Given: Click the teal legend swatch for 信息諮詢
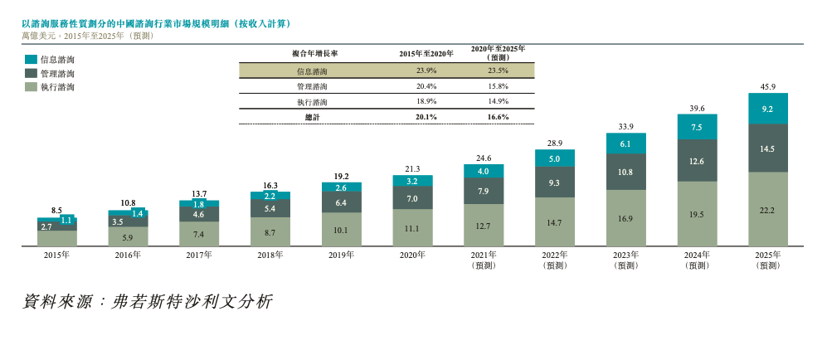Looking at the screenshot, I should pyautogui.click(x=31, y=60).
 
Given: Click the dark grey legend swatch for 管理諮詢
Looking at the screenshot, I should pyautogui.click(x=31, y=73).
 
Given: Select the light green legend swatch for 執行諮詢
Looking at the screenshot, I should pyautogui.click(x=31, y=86).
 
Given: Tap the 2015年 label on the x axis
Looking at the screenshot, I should pyautogui.click(x=57, y=255).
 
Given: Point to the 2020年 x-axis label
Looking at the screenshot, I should pyautogui.click(x=412, y=255).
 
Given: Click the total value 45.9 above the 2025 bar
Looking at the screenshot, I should pyautogui.click(x=767, y=86).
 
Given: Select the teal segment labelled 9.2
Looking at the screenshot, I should pyautogui.click(x=767, y=109).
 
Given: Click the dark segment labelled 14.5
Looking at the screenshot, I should pyautogui.click(x=767, y=148).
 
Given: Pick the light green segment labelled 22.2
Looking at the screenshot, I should pyautogui.click(x=767, y=210).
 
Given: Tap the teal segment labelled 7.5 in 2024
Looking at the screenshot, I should pyautogui.click(x=697, y=127).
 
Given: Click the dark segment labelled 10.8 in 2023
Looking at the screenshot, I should pyautogui.click(x=625, y=172).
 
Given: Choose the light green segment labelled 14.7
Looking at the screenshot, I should pyautogui.click(x=554, y=222).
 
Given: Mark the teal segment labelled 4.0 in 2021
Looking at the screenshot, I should pyautogui.click(x=484, y=172).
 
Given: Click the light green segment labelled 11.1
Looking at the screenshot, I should pyautogui.click(x=412, y=228).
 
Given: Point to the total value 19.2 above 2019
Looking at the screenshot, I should pyautogui.click(x=341, y=176).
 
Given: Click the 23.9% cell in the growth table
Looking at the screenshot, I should pyautogui.click(x=426, y=71).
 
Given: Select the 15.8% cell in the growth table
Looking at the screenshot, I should pyautogui.click(x=498, y=86).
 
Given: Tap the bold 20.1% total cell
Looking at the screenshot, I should pyautogui.click(x=426, y=117).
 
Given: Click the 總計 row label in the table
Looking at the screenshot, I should pyautogui.click(x=312, y=117).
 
